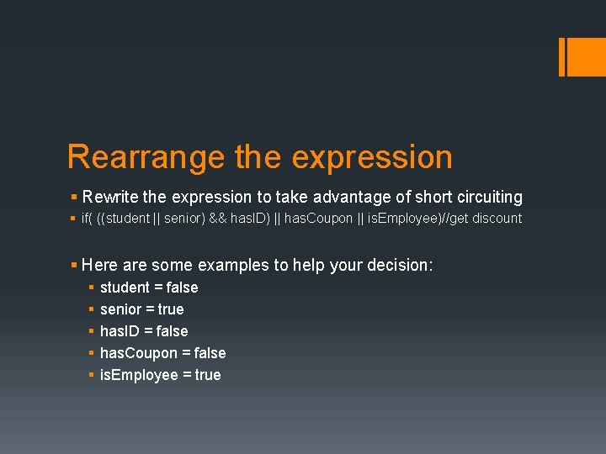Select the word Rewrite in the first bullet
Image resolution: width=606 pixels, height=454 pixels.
[112, 198]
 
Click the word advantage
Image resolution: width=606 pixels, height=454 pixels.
[353, 198]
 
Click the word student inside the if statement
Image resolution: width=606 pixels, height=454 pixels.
[129, 219]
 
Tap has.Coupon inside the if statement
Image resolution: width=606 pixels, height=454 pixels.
[319, 219]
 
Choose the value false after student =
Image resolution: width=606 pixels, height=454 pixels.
[183, 288]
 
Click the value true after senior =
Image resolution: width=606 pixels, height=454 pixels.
[171, 309]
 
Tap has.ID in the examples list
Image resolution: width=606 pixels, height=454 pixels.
[120, 331]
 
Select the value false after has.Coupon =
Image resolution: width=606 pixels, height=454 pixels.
[210, 353]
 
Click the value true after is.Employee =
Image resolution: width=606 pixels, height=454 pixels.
[207, 375]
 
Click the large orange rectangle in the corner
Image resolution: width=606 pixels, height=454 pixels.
[586, 56]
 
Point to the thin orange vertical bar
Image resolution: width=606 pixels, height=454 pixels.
[561, 56]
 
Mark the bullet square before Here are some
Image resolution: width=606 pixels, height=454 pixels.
[74, 265]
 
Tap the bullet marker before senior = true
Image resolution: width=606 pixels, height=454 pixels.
[90, 309]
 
